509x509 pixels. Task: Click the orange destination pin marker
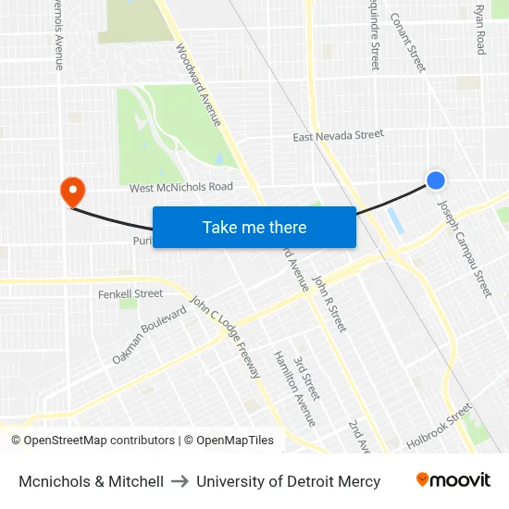[71, 192]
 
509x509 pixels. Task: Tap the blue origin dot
[436, 180]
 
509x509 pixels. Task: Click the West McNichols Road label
[181, 187]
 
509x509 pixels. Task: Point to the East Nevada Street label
[338, 136]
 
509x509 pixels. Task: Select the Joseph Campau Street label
[465, 249]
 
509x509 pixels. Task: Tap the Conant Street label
[408, 43]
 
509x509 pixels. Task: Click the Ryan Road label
[479, 30]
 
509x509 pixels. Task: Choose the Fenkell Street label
[130, 294]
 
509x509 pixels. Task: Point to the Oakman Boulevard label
[149, 334]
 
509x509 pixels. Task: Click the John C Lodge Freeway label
[225, 337]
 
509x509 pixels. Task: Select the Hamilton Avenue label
[294, 389]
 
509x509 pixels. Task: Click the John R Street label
[329, 304]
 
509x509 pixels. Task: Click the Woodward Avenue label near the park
[198, 86]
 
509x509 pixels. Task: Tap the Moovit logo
[453, 480]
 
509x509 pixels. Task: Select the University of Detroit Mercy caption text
[288, 481]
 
